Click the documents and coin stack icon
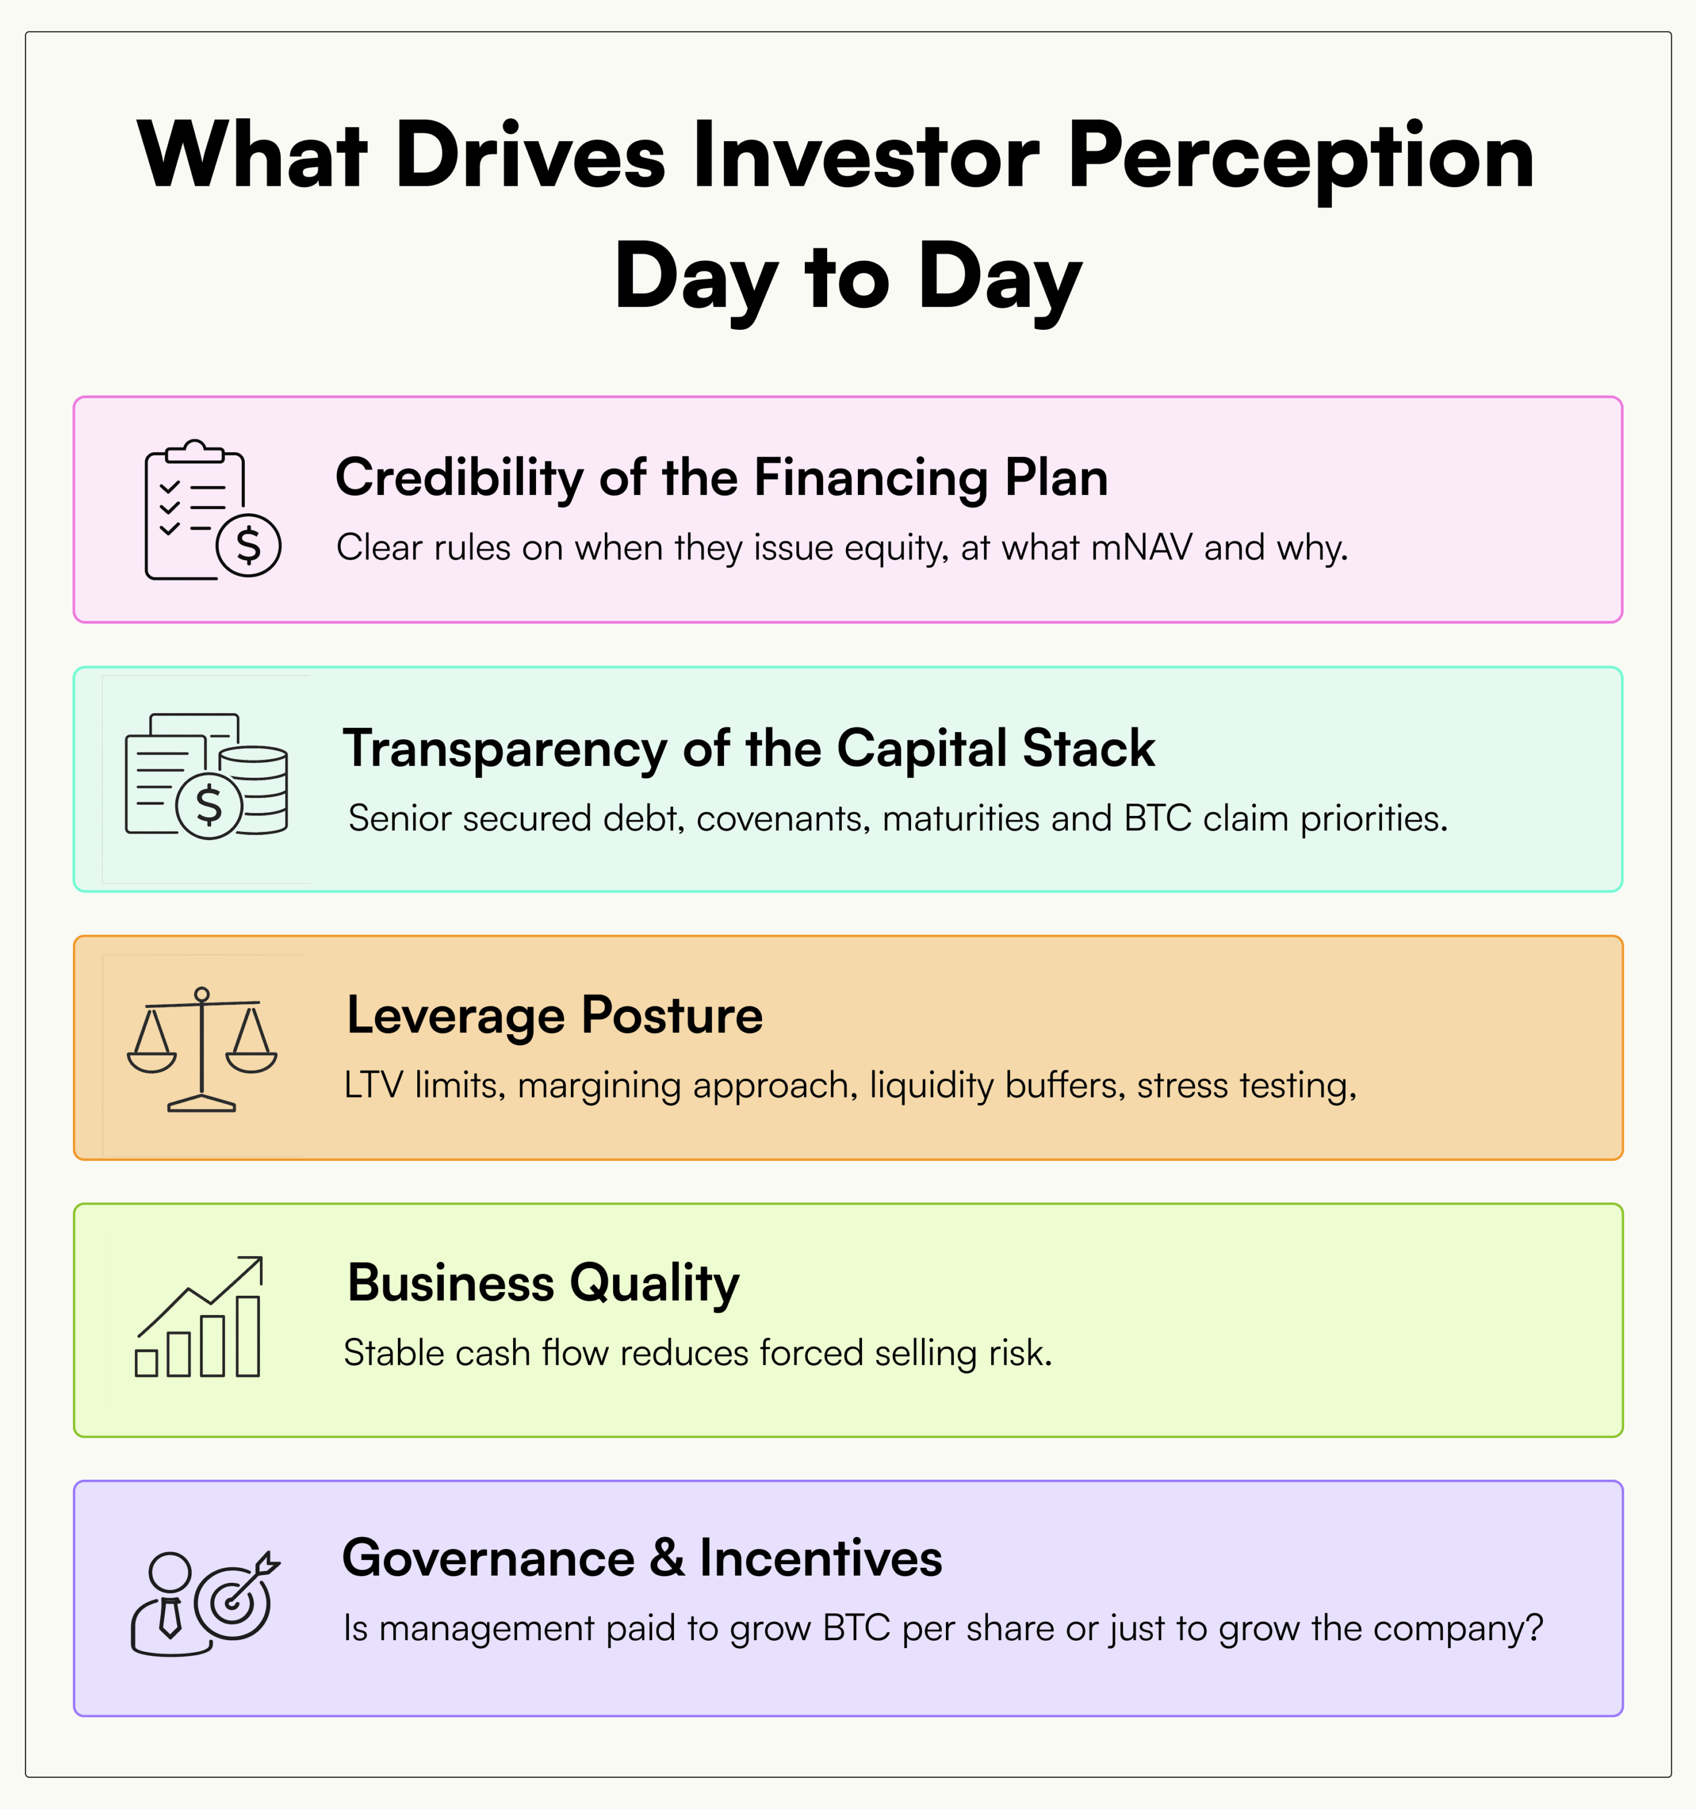(207, 776)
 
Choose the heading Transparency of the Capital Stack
(748, 749)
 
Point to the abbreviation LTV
(373, 1085)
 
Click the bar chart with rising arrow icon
(199, 1317)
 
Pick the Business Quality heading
(543, 1284)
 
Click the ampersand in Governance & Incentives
(667, 1558)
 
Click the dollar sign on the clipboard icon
(248, 545)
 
